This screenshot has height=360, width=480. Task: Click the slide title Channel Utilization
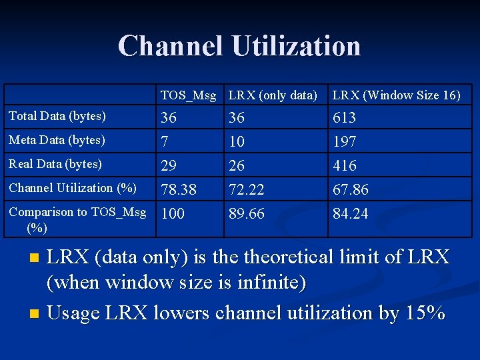point(239,46)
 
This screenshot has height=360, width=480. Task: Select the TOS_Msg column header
point(188,95)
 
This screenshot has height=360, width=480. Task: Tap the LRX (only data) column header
point(273,95)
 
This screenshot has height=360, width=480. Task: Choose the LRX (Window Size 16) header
point(396,95)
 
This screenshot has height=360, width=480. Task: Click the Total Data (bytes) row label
point(57,116)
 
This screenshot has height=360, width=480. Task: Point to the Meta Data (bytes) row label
point(57,140)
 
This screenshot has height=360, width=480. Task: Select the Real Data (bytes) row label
point(55,164)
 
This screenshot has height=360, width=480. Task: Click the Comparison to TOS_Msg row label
point(77,212)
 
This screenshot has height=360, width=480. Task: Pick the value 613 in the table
point(344,118)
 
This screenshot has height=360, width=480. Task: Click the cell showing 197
point(344,142)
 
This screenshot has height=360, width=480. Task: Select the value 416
point(344,166)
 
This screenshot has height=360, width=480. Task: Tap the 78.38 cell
point(179,190)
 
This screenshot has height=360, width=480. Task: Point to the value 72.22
point(246,190)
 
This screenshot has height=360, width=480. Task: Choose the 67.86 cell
point(350,190)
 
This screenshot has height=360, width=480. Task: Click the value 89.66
point(246,214)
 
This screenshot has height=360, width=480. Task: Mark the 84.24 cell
point(350,214)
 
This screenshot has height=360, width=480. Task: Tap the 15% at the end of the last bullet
point(425,313)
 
